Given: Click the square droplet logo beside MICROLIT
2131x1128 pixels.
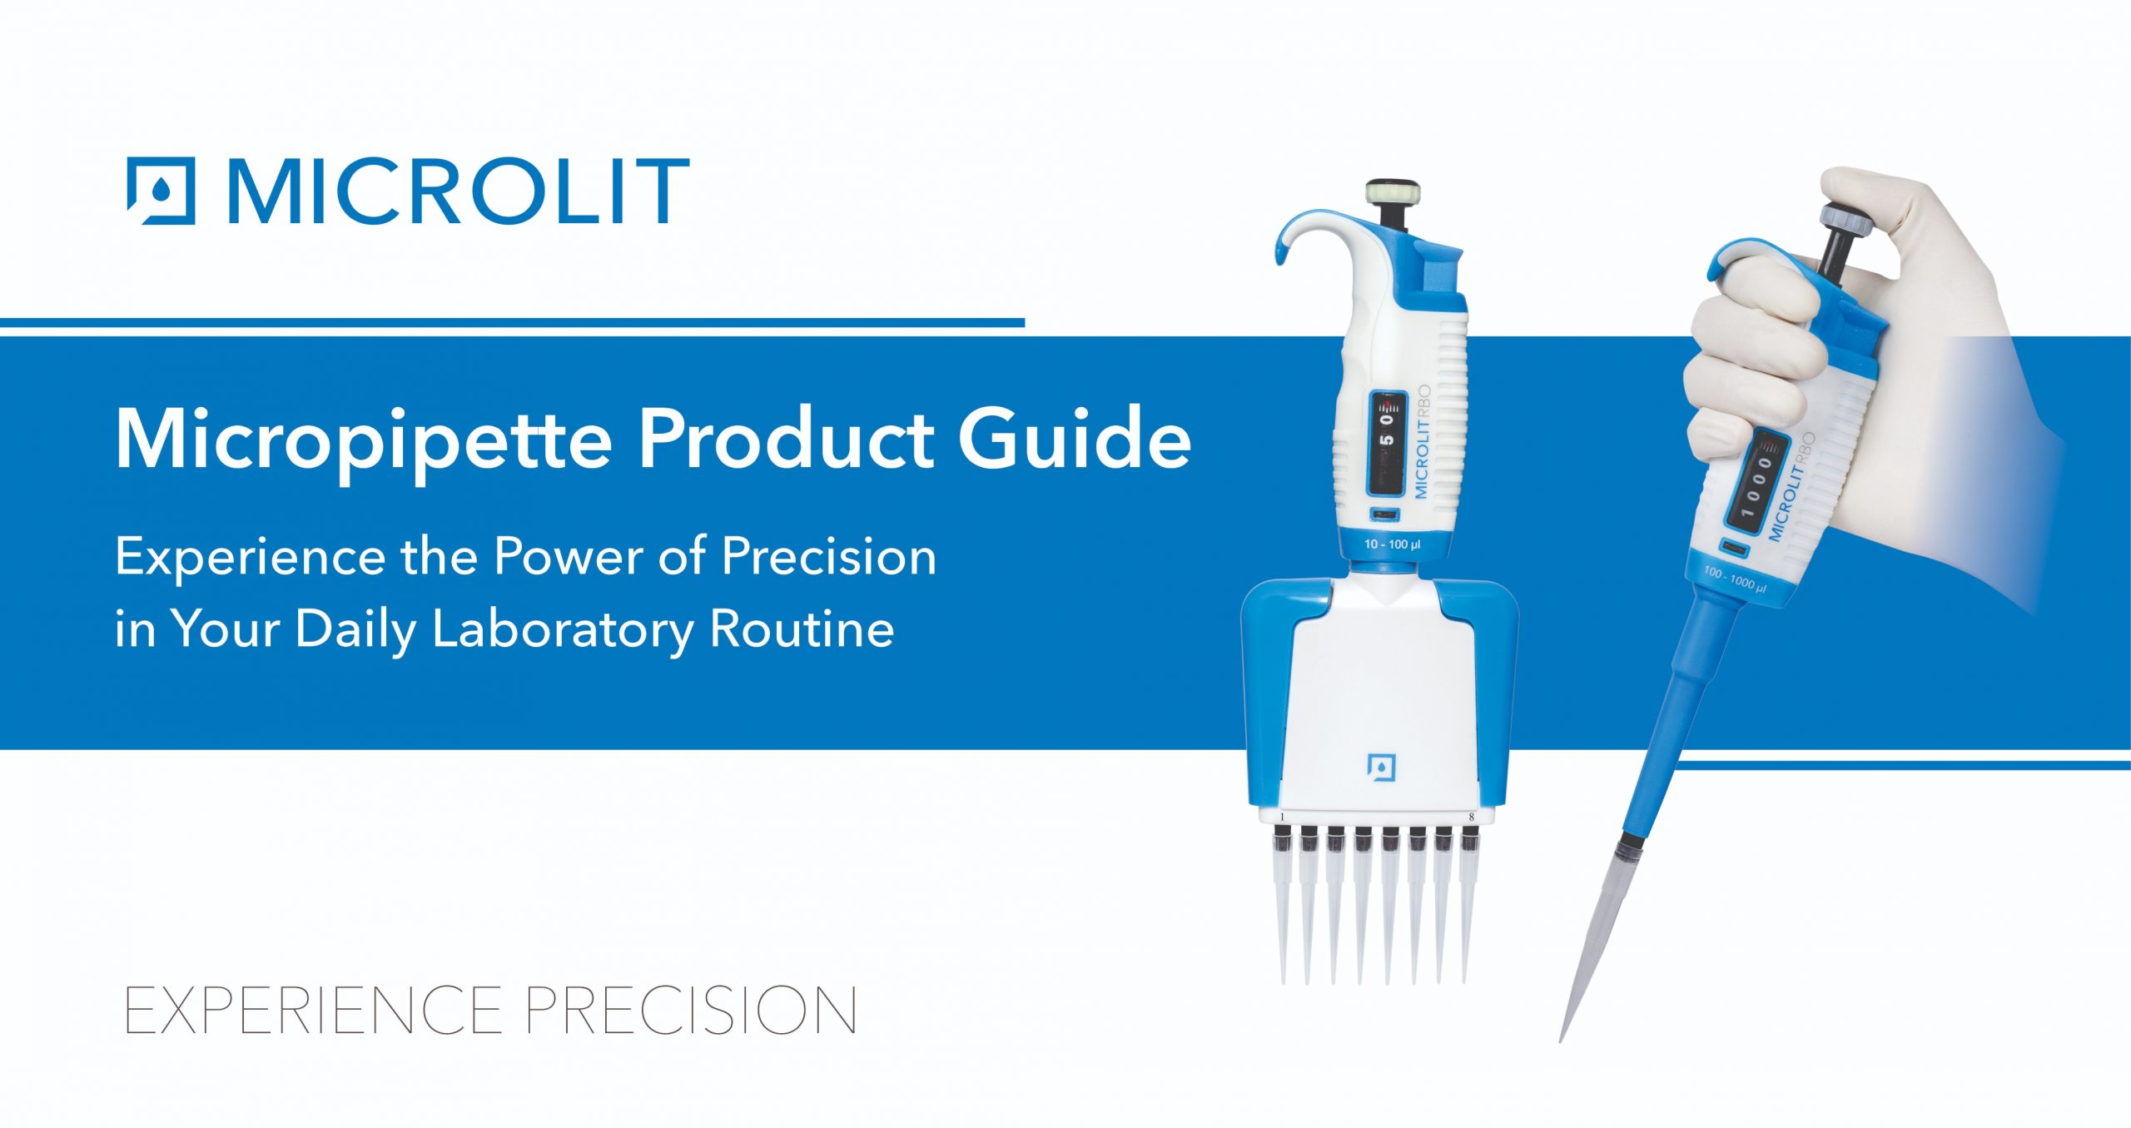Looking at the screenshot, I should [161, 191].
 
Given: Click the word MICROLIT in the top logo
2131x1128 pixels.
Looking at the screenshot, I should [459, 191].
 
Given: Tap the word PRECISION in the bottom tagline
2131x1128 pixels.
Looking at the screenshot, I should [691, 1011].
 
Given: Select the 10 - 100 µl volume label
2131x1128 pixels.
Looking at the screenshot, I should [1392, 544].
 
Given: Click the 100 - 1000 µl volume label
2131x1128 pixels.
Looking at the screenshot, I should [1735, 579].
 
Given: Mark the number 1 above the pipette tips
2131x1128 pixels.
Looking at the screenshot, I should [1282, 817].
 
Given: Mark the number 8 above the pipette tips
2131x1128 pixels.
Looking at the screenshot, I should [1471, 817].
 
